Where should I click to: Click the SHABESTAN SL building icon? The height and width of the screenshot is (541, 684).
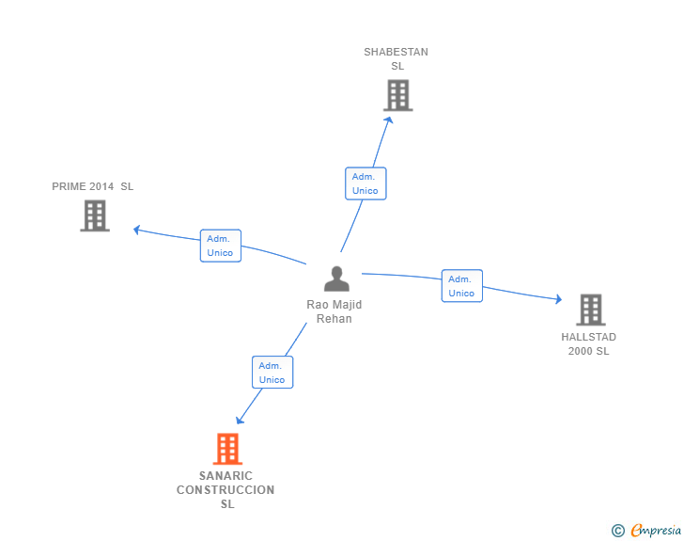397,95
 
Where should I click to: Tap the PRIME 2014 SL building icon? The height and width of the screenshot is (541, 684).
95,215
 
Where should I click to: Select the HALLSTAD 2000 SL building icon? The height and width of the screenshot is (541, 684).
590,310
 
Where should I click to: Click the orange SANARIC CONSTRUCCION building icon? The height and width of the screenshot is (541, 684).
227,449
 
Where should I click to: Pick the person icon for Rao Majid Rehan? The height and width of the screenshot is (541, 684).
336,278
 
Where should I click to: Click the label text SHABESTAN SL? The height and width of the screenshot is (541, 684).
396,59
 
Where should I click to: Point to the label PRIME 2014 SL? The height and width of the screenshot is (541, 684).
93,186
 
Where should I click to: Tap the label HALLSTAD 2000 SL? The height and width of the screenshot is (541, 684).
589,343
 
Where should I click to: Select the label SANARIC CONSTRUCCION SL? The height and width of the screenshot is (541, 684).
226,490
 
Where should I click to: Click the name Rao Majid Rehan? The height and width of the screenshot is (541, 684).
334,311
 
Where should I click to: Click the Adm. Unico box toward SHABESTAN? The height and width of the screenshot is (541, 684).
365,183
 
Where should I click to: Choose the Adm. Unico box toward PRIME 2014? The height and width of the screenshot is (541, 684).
221,246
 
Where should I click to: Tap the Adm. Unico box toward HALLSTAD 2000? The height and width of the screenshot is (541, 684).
462,286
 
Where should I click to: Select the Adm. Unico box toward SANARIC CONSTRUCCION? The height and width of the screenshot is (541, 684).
272,373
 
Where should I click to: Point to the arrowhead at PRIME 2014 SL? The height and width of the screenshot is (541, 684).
137,229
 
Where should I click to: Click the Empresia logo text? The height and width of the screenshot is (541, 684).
656,531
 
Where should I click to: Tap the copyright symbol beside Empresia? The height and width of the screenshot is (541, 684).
618,531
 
